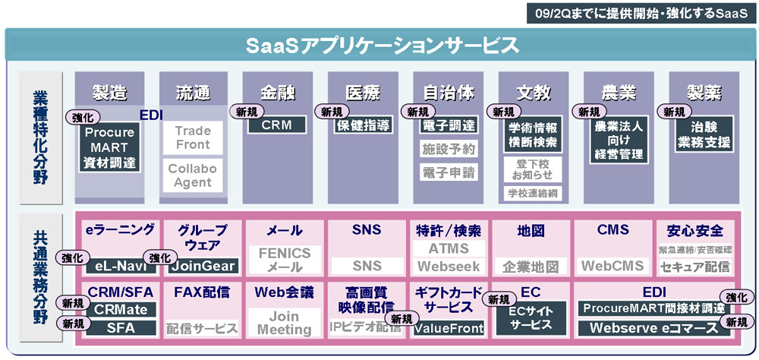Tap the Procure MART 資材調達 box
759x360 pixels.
pyautogui.click(x=109, y=147)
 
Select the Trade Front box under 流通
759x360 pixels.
pyautogui.click(x=193, y=137)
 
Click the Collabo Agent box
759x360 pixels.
pyautogui.click(x=193, y=175)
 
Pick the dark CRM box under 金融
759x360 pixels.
pyautogui.click(x=277, y=125)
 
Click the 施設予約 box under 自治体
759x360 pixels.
pyautogui.click(x=449, y=149)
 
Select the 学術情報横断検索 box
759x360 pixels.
pyautogui.click(x=533, y=134)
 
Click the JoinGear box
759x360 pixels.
pyautogui.click(x=203, y=267)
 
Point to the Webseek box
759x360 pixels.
pyautogui.click(x=449, y=267)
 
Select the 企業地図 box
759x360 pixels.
pyautogui.click(x=531, y=267)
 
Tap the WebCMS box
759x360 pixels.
pyautogui.click(x=613, y=267)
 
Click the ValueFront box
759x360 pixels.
pyautogui.click(x=449, y=328)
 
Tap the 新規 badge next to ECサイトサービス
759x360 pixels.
pyautogui.click(x=498, y=300)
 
